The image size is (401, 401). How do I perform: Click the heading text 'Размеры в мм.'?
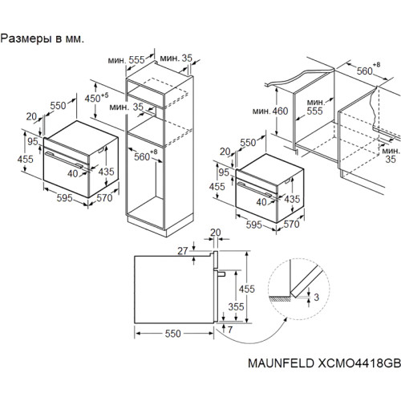click(43, 39)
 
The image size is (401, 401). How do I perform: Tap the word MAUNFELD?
click(281, 363)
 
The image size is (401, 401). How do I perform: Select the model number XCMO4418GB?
click(359, 363)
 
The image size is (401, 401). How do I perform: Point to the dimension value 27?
click(183, 251)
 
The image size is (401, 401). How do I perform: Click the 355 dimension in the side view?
click(236, 306)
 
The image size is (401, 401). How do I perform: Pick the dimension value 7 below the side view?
click(230, 330)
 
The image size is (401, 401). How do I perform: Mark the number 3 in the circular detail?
click(317, 297)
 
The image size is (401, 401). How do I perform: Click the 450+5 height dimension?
click(96, 98)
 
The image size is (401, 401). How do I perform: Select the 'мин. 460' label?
click(270, 111)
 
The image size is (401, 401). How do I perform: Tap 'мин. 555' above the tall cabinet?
click(126, 60)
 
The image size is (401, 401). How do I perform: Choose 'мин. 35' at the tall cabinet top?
click(176, 58)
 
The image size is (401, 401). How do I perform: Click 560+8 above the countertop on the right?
click(368, 70)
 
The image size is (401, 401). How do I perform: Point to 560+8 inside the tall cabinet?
click(146, 156)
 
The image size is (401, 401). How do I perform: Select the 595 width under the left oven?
click(64, 198)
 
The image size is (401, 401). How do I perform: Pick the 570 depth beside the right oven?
click(291, 224)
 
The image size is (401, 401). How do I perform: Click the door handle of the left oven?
click(64, 160)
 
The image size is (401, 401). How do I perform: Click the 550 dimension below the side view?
click(173, 334)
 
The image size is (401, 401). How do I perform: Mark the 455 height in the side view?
click(247, 289)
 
